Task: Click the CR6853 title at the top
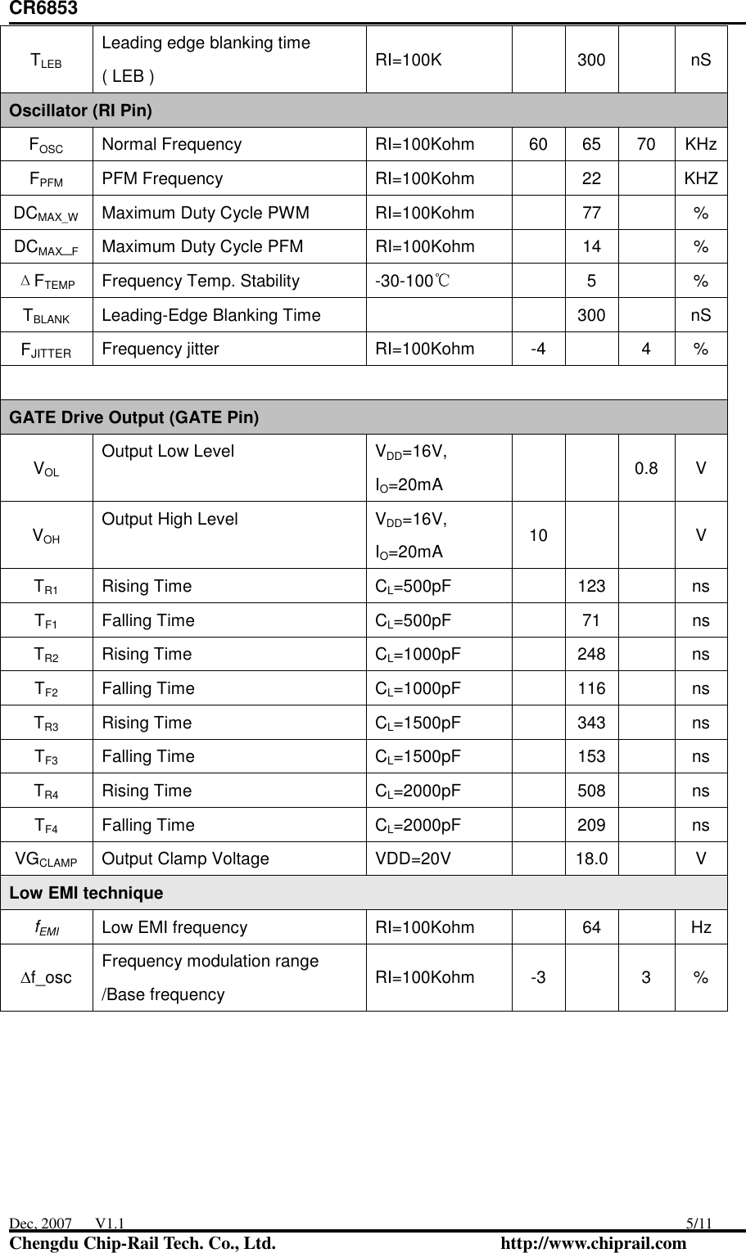point(38,9)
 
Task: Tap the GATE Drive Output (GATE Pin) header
point(133,418)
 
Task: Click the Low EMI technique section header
point(86,893)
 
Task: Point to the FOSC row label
point(46,145)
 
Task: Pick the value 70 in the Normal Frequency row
point(646,145)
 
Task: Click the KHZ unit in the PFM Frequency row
point(701,179)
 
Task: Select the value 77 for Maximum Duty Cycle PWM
point(591,214)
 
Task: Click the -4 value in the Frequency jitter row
point(538,349)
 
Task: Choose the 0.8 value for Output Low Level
point(646,469)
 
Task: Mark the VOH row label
point(46,536)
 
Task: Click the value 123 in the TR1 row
point(591,586)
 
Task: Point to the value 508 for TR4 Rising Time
point(591,791)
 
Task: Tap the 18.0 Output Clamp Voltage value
point(591,859)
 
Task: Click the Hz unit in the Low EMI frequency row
point(701,927)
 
